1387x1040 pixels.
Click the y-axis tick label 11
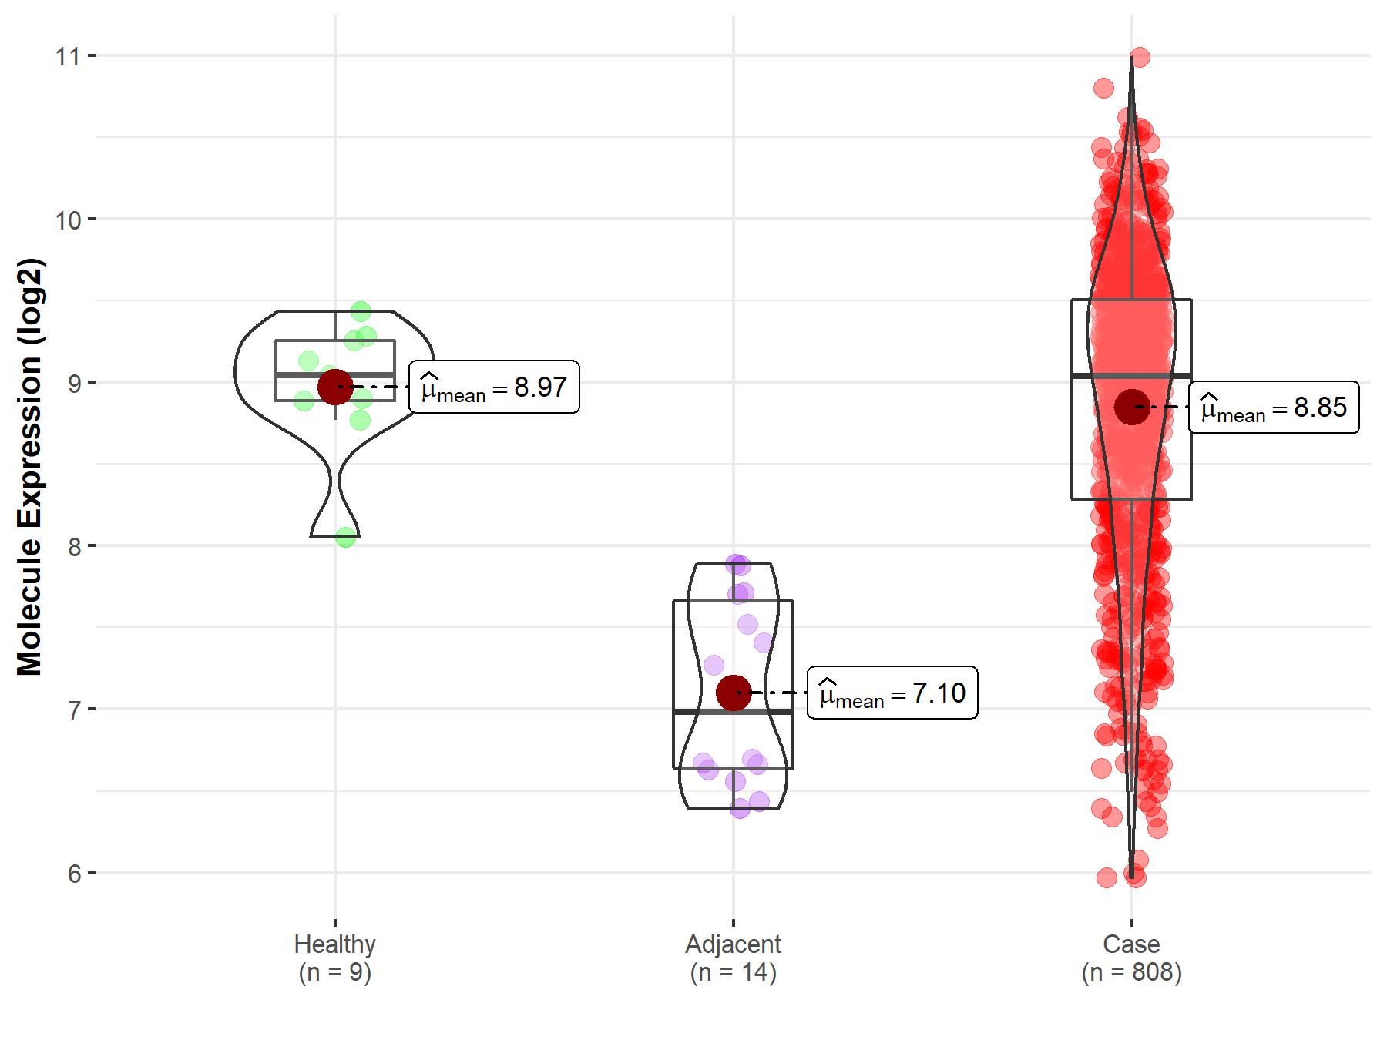pos(68,56)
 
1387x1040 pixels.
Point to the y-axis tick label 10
pos(68,220)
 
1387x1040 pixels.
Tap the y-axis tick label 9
pos(74,384)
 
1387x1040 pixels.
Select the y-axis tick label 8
pos(74,547)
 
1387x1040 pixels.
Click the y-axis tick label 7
pos(74,710)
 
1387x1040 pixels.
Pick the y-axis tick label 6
pos(74,874)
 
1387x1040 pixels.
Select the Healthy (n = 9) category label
pos(335,958)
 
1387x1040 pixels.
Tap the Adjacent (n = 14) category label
pos(733,958)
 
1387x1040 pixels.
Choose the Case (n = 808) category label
pos(1131,958)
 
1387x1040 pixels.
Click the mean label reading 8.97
pos(494,387)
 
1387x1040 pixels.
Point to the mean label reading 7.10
pos(892,693)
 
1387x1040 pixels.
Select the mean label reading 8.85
pos(1274,407)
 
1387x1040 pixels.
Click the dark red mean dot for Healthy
pos(335,387)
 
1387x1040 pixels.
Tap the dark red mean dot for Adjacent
pos(734,693)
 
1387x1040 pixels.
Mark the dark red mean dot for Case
pos(1132,407)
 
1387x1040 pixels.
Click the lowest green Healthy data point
pos(346,537)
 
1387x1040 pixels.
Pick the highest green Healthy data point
pos(361,311)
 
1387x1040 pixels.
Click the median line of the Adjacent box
pos(733,712)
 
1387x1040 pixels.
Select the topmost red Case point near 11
pos(1140,57)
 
